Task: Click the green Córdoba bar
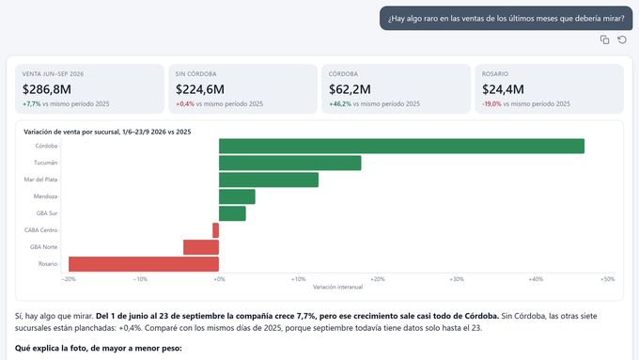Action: pyautogui.click(x=401, y=146)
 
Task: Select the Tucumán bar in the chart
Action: pyautogui.click(x=289, y=163)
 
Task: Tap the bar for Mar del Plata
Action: pyautogui.click(x=269, y=180)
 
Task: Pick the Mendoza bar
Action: pyautogui.click(x=237, y=196)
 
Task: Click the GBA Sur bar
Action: pyautogui.click(x=232, y=213)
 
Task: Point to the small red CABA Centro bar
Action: pyautogui.click(x=215, y=230)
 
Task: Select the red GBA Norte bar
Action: pyautogui.click(x=201, y=247)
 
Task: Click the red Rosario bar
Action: pyautogui.click(x=144, y=264)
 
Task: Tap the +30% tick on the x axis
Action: pyautogui.click(x=457, y=279)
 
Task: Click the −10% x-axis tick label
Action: pyautogui.click(x=140, y=279)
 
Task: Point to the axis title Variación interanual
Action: pyautogui.click(x=338, y=287)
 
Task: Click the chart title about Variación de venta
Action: pyautogui.click(x=107, y=132)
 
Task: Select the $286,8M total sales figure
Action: pyautogui.click(x=47, y=89)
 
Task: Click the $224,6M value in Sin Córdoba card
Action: pyautogui.click(x=200, y=89)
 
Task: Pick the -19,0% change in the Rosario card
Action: pyautogui.click(x=491, y=104)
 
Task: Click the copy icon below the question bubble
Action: pyautogui.click(x=605, y=39)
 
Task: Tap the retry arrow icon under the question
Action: pyautogui.click(x=622, y=39)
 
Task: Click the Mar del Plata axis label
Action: pyautogui.click(x=40, y=180)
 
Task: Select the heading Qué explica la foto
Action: pyautogui.click(x=99, y=348)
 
